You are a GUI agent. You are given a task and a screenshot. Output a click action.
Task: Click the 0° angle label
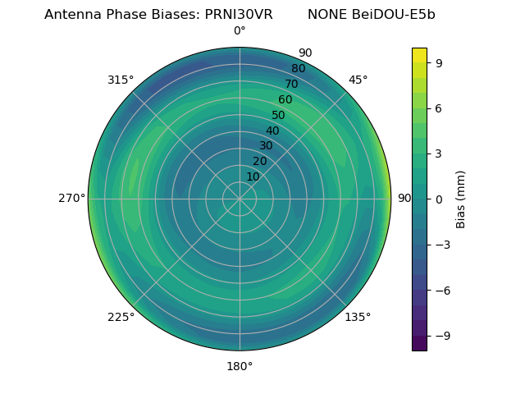[x=240, y=31]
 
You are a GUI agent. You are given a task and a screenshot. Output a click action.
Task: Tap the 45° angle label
[x=358, y=80]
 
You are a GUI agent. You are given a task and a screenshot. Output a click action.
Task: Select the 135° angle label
[x=358, y=317]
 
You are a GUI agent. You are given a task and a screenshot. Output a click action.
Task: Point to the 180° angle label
[x=240, y=366]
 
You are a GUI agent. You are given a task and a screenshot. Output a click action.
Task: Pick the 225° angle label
[x=121, y=317]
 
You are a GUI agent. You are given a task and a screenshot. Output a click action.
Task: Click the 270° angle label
[x=71, y=199]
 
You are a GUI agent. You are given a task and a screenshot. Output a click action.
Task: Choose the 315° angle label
[x=121, y=80]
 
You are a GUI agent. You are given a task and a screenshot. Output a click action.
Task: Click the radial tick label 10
[x=253, y=176]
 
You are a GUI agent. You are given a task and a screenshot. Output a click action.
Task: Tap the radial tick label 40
[x=272, y=131]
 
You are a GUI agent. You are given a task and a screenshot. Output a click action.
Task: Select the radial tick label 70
[x=291, y=85]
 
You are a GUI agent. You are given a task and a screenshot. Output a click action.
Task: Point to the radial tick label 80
[x=298, y=69]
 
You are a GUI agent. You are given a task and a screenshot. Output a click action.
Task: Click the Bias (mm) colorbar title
[x=461, y=199]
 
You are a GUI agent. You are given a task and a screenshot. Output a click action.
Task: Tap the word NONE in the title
[x=326, y=15]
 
